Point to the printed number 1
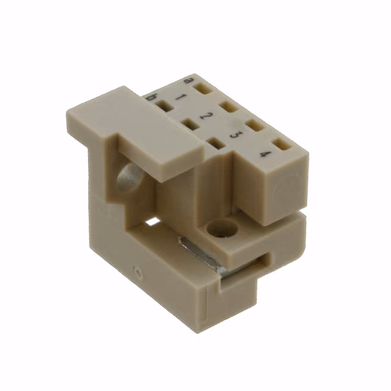(180, 98)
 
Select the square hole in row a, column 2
(229, 108)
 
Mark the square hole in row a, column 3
(254, 126)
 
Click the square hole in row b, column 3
(214, 143)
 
